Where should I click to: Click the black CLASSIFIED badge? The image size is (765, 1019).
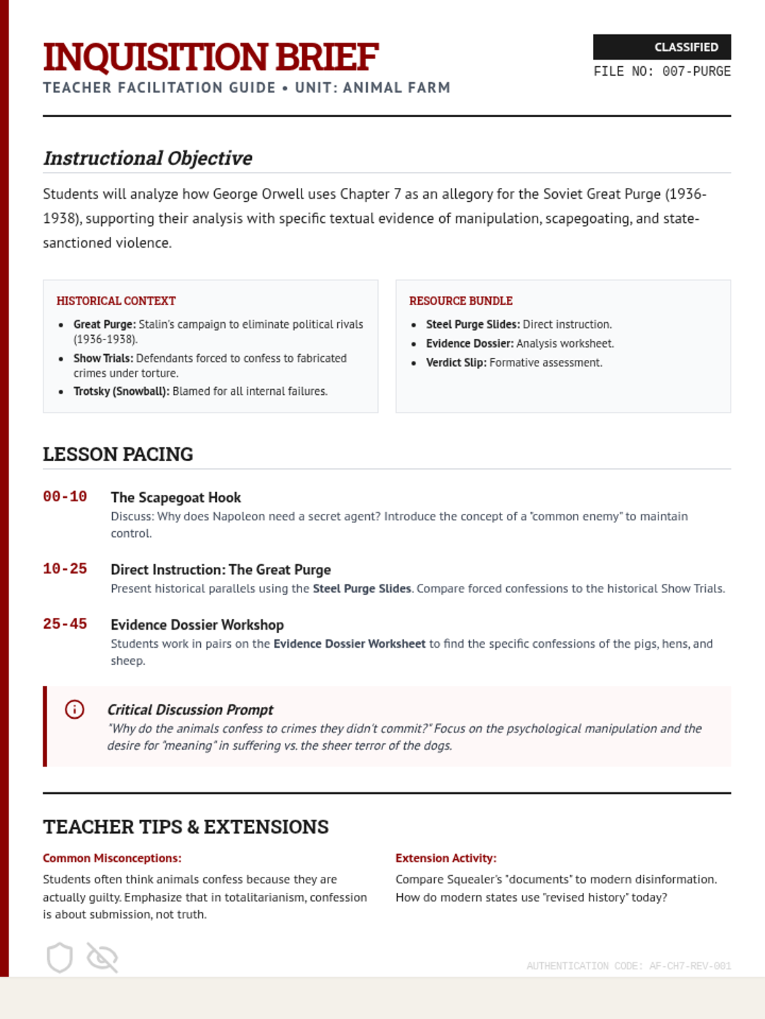coord(661,47)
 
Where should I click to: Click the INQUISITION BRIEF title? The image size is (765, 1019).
coord(211,57)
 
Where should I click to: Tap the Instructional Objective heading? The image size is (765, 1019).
coord(148,158)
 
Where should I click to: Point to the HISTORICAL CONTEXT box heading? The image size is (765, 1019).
coord(116,301)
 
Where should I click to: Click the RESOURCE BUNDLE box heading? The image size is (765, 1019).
coord(460,301)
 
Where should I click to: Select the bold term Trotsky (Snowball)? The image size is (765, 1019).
coord(121,391)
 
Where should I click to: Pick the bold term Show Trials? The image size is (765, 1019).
coord(103,358)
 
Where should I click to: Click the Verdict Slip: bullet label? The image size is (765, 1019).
coord(456,362)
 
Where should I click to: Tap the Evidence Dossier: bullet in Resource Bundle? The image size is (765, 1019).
coord(469,343)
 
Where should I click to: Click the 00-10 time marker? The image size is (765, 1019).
coord(65,496)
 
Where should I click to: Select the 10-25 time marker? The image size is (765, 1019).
coord(65,568)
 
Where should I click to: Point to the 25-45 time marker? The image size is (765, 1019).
coord(65,624)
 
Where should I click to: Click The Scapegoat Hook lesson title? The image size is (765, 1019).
coord(176,497)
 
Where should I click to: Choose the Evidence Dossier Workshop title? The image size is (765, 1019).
coord(197,625)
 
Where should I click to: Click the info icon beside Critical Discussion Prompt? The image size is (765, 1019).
coord(75,709)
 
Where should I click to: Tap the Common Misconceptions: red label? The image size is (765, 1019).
coord(112,858)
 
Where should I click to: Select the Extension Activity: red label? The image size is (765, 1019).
coord(446,858)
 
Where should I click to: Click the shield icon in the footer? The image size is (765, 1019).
coord(59,957)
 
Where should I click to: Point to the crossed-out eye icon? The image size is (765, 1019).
coord(102,957)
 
